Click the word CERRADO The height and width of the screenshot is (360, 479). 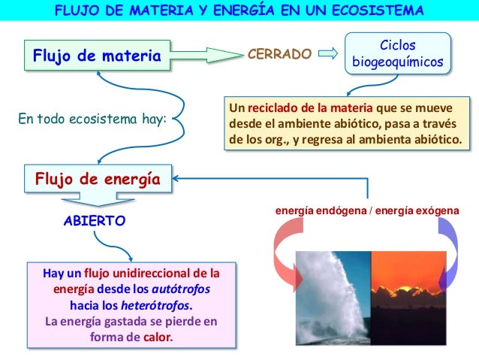279,55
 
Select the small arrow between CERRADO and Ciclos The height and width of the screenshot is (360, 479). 327,54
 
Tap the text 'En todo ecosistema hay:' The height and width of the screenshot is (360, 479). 91,118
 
